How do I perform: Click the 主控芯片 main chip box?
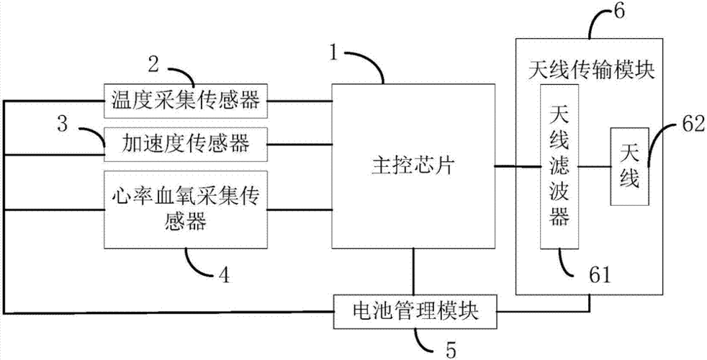click(x=413, y=166)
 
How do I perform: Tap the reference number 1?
click(x=333, y=52)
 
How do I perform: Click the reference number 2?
click(x=153, y=63)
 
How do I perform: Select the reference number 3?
click(x=63, y=123)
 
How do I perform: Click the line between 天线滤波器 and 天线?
click(x=595, y=167)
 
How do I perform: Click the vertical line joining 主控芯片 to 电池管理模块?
click(x=413, y=271)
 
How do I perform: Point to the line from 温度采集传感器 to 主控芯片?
click(x=300, y=100)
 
